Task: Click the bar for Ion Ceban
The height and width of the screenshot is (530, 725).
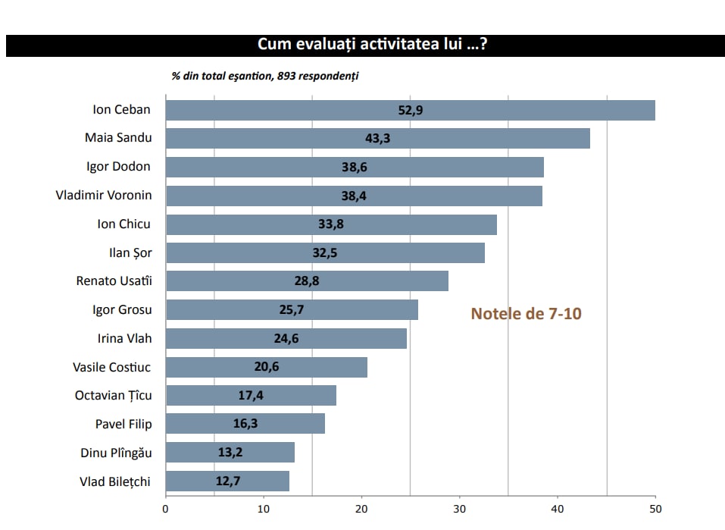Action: coord(410,110)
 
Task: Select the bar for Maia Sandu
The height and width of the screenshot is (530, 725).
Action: coord(377,139)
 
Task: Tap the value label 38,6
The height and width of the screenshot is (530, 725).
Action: coord(354,168)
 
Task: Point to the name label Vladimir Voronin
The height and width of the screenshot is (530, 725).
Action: coord(104,196)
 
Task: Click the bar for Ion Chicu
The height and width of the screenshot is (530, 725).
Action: coord(331,225)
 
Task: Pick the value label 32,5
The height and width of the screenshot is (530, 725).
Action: coord(324,253)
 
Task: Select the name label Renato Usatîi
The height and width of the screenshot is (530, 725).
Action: coord(114,281)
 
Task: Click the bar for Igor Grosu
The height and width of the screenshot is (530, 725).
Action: coord(292,310)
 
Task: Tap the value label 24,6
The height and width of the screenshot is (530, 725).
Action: coord(286,339)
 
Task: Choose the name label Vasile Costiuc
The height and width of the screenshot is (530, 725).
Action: coord(112,368)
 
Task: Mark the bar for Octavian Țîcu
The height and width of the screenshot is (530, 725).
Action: coord(251,396)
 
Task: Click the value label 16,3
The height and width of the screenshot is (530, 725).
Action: coord(245,424)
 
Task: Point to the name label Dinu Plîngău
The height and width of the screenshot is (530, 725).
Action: coord(116,453)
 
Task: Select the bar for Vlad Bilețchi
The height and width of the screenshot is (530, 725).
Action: coord(227,481)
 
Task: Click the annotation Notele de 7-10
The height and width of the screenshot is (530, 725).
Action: coord(527,313)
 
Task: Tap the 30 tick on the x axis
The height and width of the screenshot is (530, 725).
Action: coord(460,509)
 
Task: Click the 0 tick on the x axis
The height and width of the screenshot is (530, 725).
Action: coord(166,509)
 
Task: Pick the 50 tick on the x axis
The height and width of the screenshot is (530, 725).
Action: coord(655,509)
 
